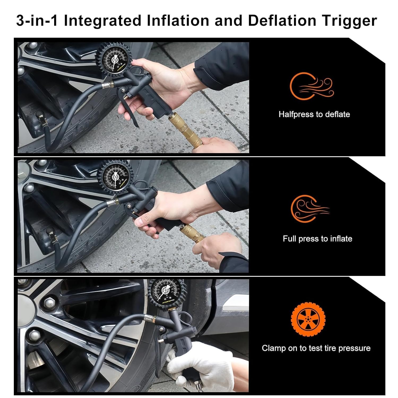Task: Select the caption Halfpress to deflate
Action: click(314, 114)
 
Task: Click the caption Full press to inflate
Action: click(317, 239)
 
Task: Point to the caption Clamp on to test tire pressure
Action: click(316, 348)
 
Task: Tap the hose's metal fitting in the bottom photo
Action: click(149, 317)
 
